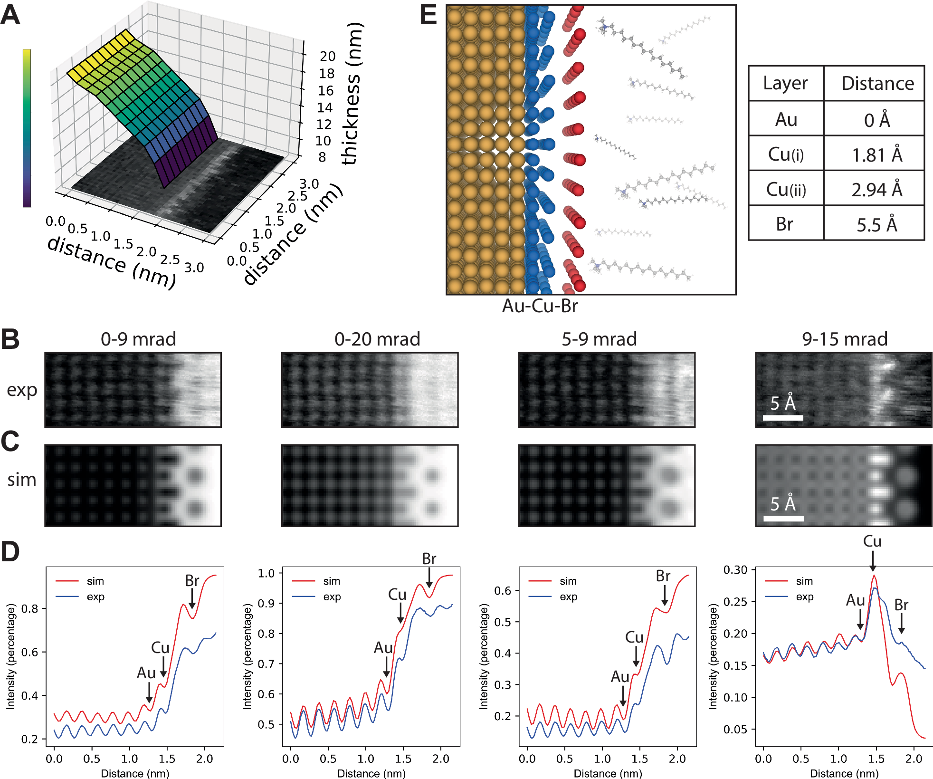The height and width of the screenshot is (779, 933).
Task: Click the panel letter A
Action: [10, 15]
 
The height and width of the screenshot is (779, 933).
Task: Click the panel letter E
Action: [428, 15]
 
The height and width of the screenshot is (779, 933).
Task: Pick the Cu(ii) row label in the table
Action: [786, 190]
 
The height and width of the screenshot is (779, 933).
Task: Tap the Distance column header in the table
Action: [877, 84]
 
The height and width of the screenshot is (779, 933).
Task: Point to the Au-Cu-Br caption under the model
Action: [540, 306]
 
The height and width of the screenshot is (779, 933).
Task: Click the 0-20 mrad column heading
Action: [377, 339]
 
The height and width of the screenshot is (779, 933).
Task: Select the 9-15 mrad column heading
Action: [845, 339]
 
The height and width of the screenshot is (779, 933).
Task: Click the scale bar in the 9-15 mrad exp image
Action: [783, 418]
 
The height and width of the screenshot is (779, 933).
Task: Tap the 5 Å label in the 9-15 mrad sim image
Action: [783, 503]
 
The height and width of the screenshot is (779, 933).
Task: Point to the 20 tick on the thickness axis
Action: [327, 56]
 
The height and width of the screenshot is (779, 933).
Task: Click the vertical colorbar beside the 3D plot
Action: [27, 128]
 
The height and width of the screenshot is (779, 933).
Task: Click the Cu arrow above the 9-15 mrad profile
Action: [873, 561]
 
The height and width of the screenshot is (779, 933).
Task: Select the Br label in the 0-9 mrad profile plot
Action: [192, 581]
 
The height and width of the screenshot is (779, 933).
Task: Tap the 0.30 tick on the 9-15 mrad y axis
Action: [735, 569]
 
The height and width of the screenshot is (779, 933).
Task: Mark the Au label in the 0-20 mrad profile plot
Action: [383, 648]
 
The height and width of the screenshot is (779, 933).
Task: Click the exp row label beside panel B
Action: [22, 390]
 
